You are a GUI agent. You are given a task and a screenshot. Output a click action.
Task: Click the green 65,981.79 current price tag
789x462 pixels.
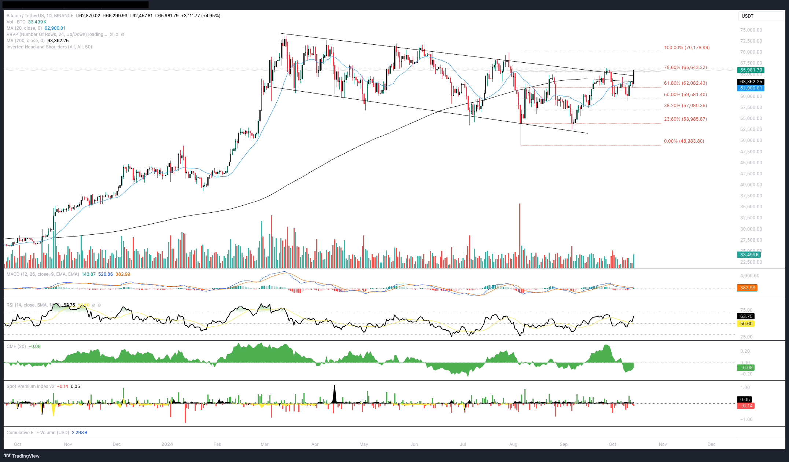tap(751, 70)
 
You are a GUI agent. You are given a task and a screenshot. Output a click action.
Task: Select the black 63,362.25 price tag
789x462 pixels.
tap(751, 82)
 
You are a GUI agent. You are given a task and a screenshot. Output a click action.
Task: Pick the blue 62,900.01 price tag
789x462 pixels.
tap(751, 88)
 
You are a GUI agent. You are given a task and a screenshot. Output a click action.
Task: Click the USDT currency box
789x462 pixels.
tap(760, 16)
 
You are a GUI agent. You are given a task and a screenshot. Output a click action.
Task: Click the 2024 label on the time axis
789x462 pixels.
tap(167, 444)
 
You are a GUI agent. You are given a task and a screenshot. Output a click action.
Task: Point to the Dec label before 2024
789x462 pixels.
tap(117, 444)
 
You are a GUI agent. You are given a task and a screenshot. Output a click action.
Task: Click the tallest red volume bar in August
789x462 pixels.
tap(520, 235)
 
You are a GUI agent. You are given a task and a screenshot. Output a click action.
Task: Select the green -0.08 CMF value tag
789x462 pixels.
tap(746, 368)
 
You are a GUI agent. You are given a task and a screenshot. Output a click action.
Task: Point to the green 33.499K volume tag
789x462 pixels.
tap(749, 255)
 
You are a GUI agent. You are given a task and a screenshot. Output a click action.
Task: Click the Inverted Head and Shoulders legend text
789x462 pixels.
tap(49, 47)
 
